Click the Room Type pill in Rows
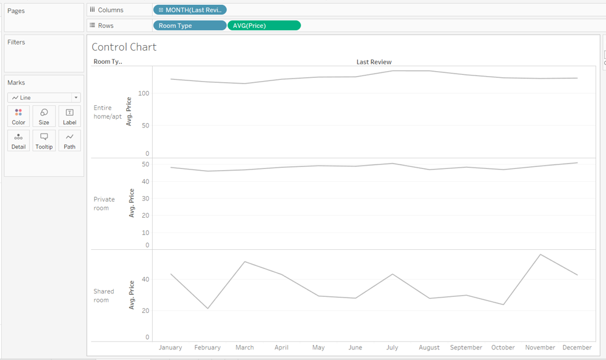[189, 25]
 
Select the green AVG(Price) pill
[264, 25]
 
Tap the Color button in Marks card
[19, 116]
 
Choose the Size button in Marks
[44, 116]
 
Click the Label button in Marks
[69, 116]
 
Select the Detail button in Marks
[19, 140]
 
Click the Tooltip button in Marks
[44, 140]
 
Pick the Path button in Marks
[69, 140]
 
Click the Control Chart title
[124, 47]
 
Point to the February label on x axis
[207, 348]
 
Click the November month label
[540, 348]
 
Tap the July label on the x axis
[392, 348]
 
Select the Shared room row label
[104, 296]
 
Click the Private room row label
[104, 204]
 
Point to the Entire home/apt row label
[108, 112]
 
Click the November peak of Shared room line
[540, 254]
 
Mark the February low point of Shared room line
[208, 308]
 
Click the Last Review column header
[373, 62]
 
